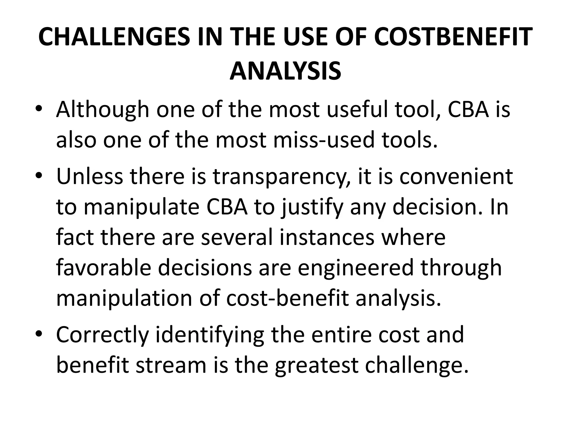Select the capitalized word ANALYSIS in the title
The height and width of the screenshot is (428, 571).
(285, 71)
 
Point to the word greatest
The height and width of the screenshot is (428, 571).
(316, 366)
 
